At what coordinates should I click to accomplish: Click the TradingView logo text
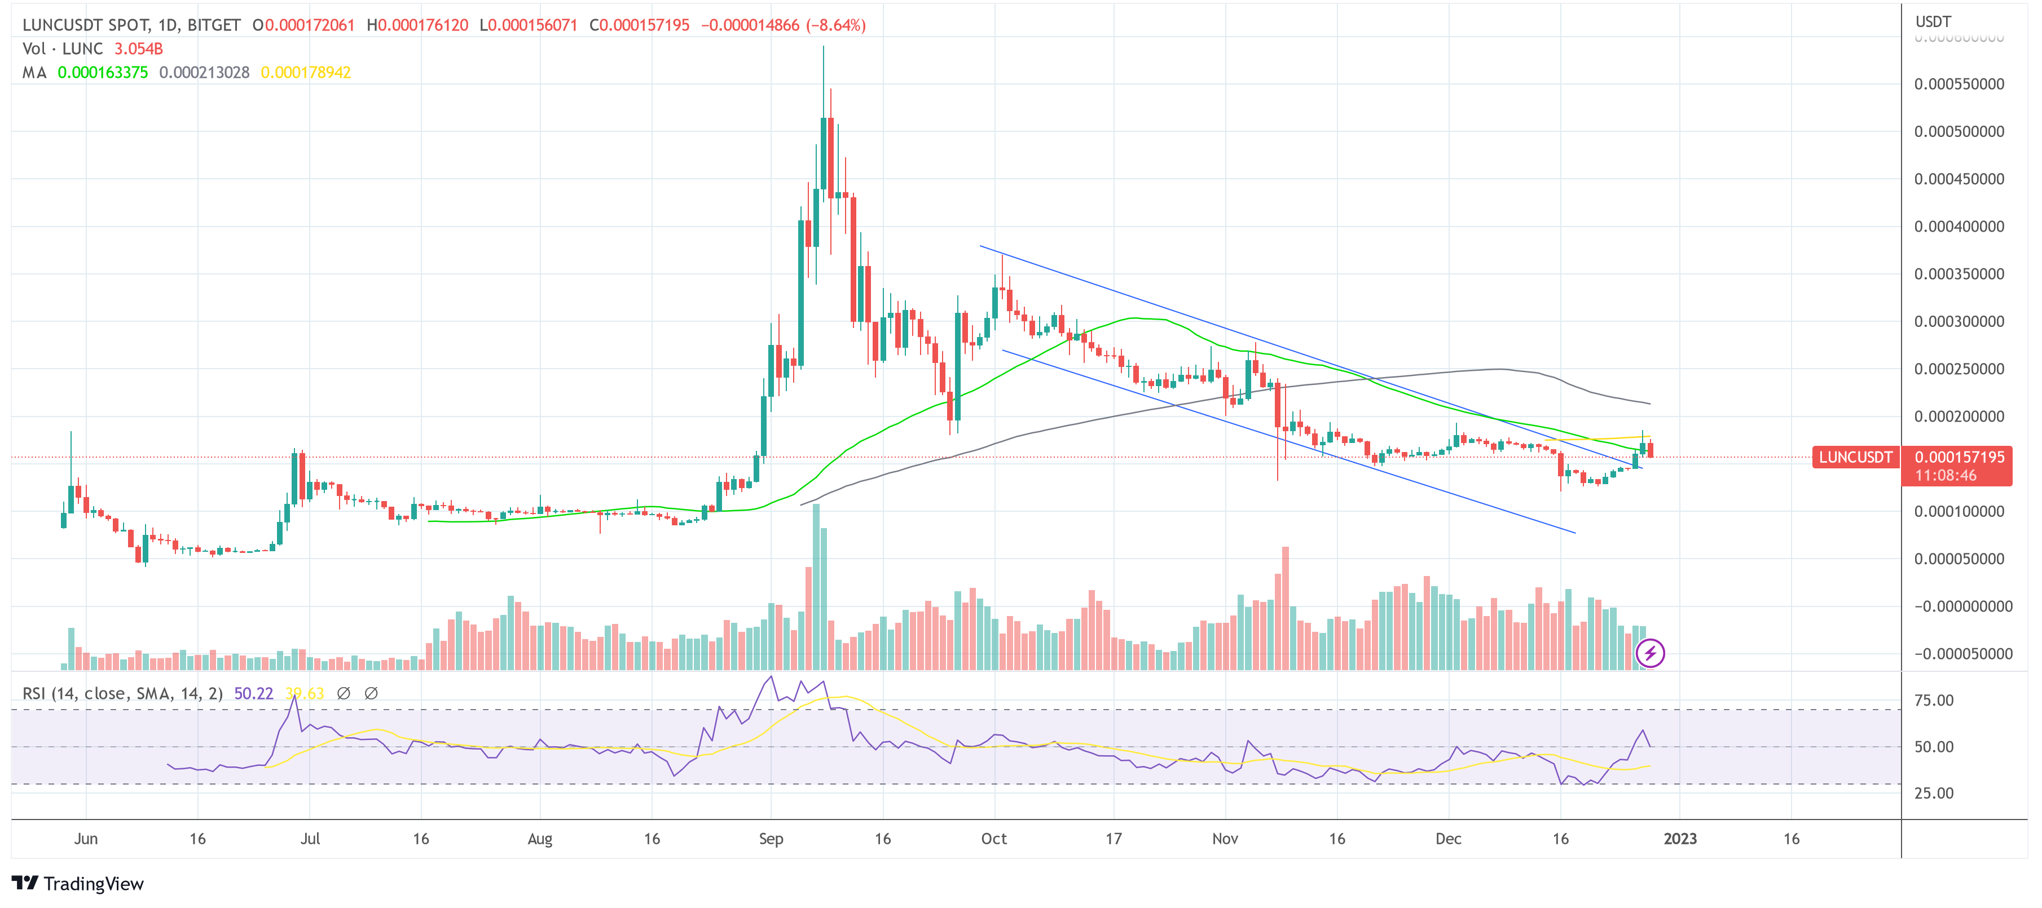[x=93, y=883]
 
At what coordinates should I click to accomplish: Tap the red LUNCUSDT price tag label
[x=1855, y=457]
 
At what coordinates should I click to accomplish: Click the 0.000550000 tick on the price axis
[x=1959, y=84]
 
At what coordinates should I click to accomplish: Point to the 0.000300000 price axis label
[x=1959, y=322]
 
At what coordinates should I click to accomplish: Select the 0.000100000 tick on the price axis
[x=1959, y=512]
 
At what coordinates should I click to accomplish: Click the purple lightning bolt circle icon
[x=1651, y=654]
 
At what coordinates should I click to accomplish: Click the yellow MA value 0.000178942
[x=305, y=73]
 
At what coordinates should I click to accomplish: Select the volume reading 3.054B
[x=139, y=49]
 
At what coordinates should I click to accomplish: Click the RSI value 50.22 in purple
[x=253, y=694]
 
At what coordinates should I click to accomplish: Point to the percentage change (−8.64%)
[x=835, y=25]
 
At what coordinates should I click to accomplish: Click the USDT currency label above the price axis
[x=1933, y=21]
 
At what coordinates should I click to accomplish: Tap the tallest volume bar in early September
[x=816, y=586]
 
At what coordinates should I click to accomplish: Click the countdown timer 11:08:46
[x=1946, y=475]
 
